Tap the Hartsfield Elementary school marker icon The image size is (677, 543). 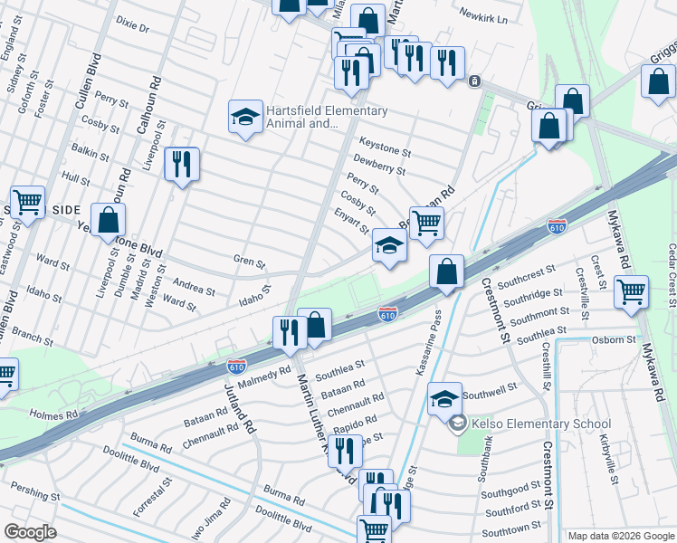tap(245, 117)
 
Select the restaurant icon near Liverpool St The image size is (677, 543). tap(182, 165)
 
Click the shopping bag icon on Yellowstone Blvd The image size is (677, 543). tap(108, 220)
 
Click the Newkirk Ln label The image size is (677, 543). tap(483, 17)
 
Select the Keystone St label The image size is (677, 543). tap(385, 143)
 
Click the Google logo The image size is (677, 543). tap(31, 532)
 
